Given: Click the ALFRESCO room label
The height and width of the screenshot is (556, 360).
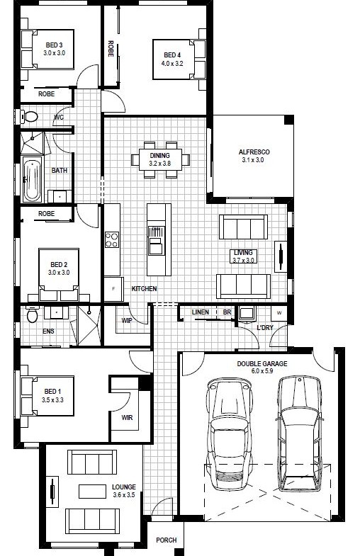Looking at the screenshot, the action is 254,152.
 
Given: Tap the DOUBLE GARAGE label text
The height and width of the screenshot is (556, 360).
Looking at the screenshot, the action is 262,364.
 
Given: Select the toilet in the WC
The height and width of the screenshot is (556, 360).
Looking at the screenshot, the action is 28,116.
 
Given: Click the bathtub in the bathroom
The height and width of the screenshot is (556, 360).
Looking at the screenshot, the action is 33,179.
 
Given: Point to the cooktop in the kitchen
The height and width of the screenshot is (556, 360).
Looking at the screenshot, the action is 112,239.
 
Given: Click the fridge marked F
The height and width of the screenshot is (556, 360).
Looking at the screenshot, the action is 113,289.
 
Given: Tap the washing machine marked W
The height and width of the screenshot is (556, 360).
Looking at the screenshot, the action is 279,313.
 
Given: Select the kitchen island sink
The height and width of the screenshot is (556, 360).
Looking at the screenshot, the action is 156,240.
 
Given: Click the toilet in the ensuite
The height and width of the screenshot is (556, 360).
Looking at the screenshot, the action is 32,315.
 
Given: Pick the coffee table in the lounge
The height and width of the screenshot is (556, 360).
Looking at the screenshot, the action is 92,492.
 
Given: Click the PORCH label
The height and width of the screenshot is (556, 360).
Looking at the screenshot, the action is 167,540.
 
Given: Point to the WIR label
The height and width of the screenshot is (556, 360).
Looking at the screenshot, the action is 127,418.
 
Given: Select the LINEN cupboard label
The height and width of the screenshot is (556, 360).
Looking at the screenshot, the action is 201,312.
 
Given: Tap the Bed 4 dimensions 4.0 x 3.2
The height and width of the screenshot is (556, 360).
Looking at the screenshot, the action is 172,64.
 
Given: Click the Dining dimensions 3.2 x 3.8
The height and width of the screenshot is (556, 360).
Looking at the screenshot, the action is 159,164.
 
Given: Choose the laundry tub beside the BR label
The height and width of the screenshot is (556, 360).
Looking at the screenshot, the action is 245,314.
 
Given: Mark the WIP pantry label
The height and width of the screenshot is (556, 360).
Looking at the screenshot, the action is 127,321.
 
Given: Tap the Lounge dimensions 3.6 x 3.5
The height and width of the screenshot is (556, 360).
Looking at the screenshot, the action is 124,495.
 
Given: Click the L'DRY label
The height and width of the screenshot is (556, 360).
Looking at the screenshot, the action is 265,328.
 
